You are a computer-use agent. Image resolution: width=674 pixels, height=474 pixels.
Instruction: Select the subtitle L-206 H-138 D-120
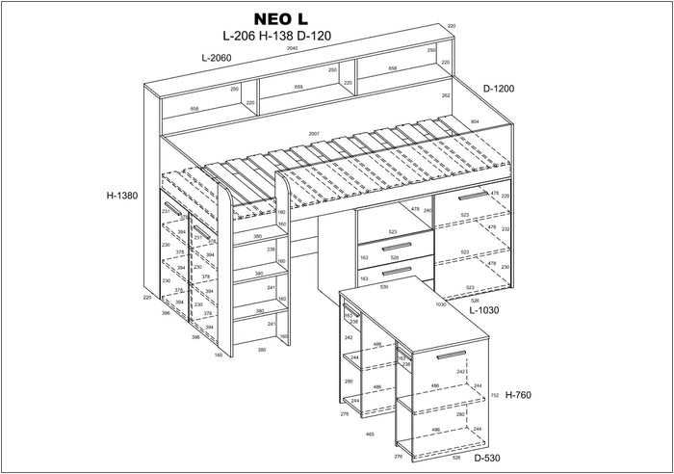275,36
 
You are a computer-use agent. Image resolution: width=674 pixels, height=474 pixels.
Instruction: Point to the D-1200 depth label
498,89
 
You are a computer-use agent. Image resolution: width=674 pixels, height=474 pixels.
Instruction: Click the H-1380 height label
122,196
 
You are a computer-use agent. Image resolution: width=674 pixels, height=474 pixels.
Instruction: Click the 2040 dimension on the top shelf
292,47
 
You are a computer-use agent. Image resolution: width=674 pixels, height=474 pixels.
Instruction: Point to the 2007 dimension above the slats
314,133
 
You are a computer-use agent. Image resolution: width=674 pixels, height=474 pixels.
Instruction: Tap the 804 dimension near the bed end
475,121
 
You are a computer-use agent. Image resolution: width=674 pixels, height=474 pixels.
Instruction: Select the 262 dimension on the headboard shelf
446,95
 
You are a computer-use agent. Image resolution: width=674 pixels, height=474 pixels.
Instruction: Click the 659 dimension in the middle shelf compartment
298,87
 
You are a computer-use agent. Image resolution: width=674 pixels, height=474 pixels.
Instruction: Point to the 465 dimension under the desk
369,434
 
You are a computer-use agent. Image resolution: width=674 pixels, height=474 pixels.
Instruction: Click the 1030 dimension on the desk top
441,304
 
